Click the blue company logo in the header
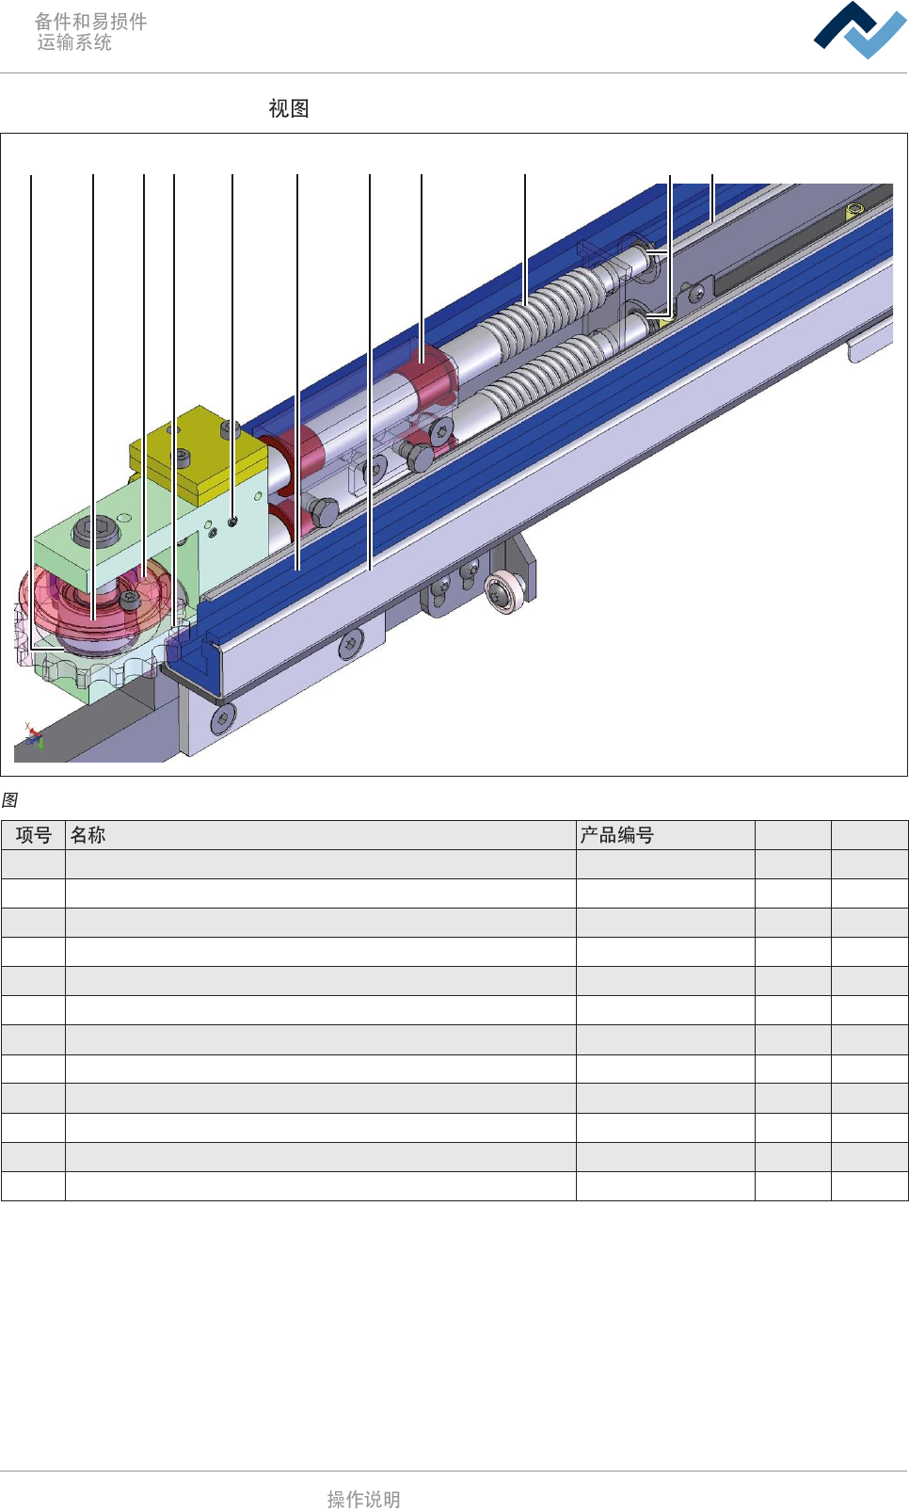[x=860, y=30]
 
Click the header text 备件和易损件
[x=91, y=22]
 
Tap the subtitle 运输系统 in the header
[x=74, y=42]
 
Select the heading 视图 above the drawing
[x=289, y=108]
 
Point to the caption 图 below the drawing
[x=9, y=800]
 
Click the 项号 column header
[x=34, y=835]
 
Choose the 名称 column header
[x=88, y=835]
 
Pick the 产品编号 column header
[x=616, y=835]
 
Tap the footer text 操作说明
[x=364, y=1499]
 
